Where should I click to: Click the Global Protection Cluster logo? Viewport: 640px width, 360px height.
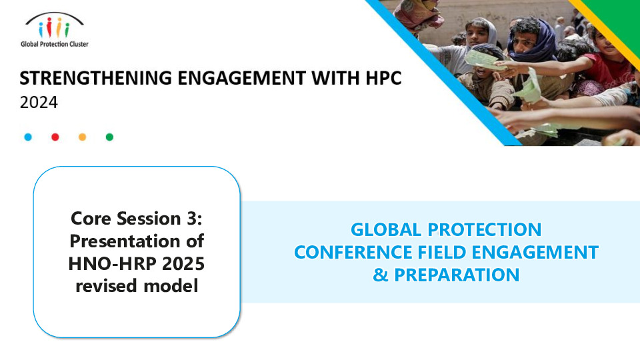click(54, 30)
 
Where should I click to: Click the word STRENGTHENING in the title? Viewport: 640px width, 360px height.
click(96, 78)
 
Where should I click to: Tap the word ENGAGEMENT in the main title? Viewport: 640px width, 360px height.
click(241, 78)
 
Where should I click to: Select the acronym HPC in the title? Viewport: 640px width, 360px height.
click(384, 78)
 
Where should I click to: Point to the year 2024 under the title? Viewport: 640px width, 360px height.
click(39, 103)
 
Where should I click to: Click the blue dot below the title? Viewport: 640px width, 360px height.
click(28, 137)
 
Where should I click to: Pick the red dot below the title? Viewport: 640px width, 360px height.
click(55, 137)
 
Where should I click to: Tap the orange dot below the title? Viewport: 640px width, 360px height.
click(83, 137)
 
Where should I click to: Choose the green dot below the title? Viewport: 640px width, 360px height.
click(109, 137)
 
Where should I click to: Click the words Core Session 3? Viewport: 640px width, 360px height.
click(137, 219)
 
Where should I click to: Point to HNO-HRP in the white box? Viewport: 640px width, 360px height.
click(112, 264)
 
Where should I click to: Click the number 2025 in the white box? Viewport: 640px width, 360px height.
click(183, 264)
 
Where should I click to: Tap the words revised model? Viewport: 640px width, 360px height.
click(137, 286)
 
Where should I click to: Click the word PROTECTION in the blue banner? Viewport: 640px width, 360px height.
click(485, 229)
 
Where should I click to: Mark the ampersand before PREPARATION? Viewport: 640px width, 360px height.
click(381, 275)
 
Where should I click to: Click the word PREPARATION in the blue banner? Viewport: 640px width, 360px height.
click(457, 275)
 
